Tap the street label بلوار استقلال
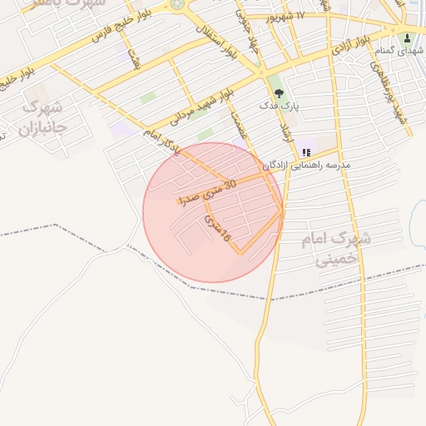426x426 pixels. [219, 37]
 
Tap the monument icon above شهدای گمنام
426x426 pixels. [407, 37]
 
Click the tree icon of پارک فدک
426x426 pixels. [277, 93]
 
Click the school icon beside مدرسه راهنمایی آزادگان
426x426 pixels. [306, 152]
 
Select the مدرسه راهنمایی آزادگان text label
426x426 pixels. [307, 166]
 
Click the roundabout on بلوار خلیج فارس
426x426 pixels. [177, 4]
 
